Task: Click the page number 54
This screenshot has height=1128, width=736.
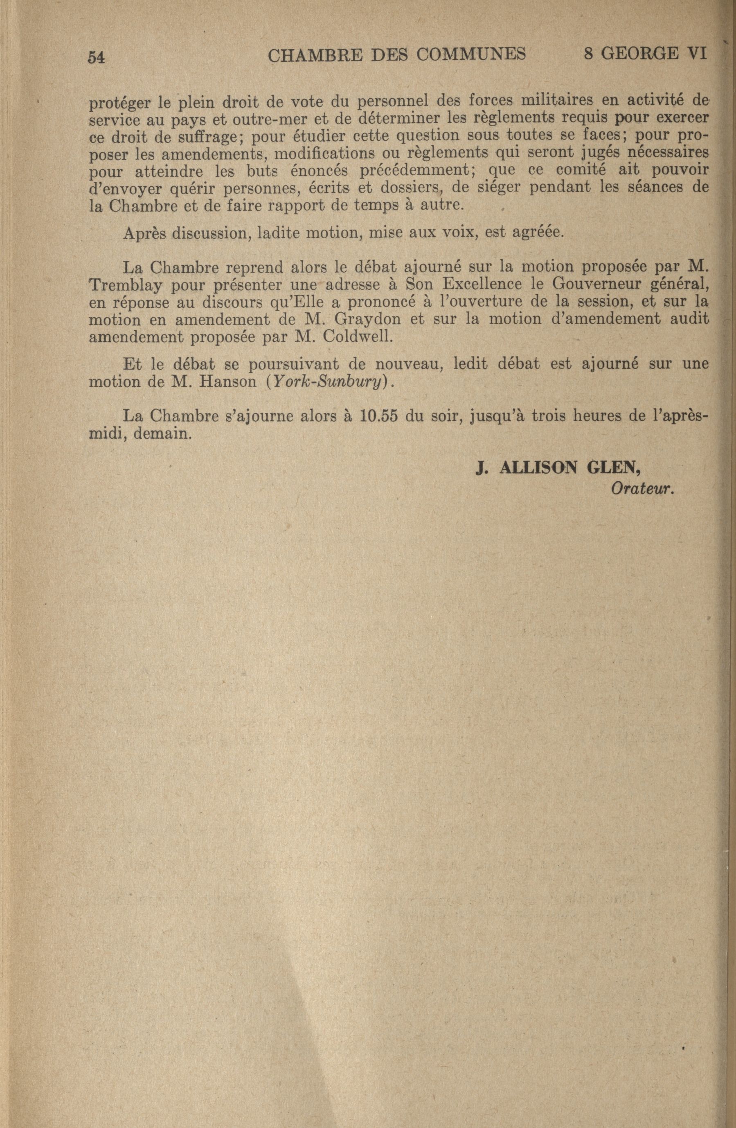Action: (x=96, y=57)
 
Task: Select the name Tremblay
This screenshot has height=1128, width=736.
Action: (x=124, y=286)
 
